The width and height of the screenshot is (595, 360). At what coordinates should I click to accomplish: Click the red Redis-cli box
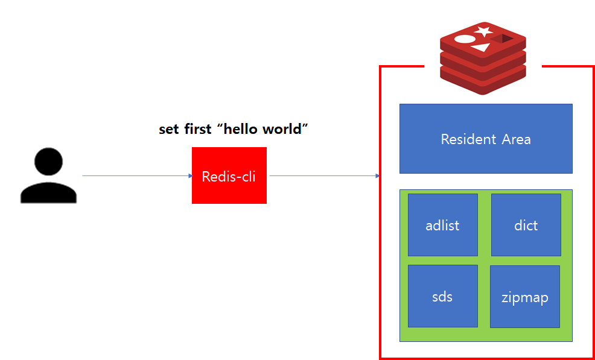[229, 175]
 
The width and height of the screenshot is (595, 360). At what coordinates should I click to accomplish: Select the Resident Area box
[486, 139]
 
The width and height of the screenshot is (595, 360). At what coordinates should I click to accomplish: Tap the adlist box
[442, 225]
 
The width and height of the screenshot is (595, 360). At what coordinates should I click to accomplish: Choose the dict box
[526, 225]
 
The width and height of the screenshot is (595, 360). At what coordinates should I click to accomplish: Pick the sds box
[442, 296]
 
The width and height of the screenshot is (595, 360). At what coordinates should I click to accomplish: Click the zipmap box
[524, 297]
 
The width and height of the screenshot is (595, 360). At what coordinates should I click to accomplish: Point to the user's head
[48, 162]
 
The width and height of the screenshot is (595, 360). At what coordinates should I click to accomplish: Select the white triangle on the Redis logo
[481, 47]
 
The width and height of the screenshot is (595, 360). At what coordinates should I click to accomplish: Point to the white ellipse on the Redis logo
[465, 39]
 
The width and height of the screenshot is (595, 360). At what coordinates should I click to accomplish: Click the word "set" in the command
[168, 129]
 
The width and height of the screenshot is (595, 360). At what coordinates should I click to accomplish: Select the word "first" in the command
[197, 129]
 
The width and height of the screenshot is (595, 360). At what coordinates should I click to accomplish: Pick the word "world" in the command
[284, 129]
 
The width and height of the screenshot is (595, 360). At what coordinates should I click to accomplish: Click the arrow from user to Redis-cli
[136, 176]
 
